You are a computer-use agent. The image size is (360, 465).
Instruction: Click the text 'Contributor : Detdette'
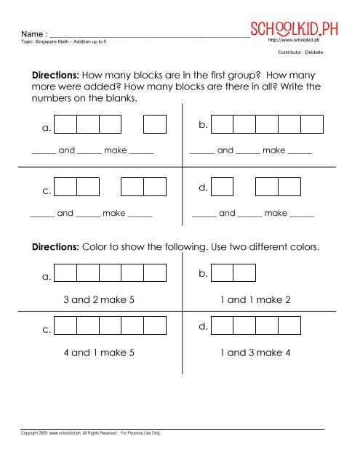pyautogui.click(x=301, y=54)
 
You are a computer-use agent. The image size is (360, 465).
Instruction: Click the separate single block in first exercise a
pyautogui.click(x=155, y=124)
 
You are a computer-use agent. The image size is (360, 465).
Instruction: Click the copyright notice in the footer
pyautogui.click(x=91, y=434)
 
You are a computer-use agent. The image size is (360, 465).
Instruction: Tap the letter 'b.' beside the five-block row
pyautogui.click(x=204, y=126)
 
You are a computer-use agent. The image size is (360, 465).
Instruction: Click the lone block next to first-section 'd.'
pyautogui.click(x=223, y=187)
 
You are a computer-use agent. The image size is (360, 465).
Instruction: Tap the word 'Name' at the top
pyautogui.click(x=33, y=34)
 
